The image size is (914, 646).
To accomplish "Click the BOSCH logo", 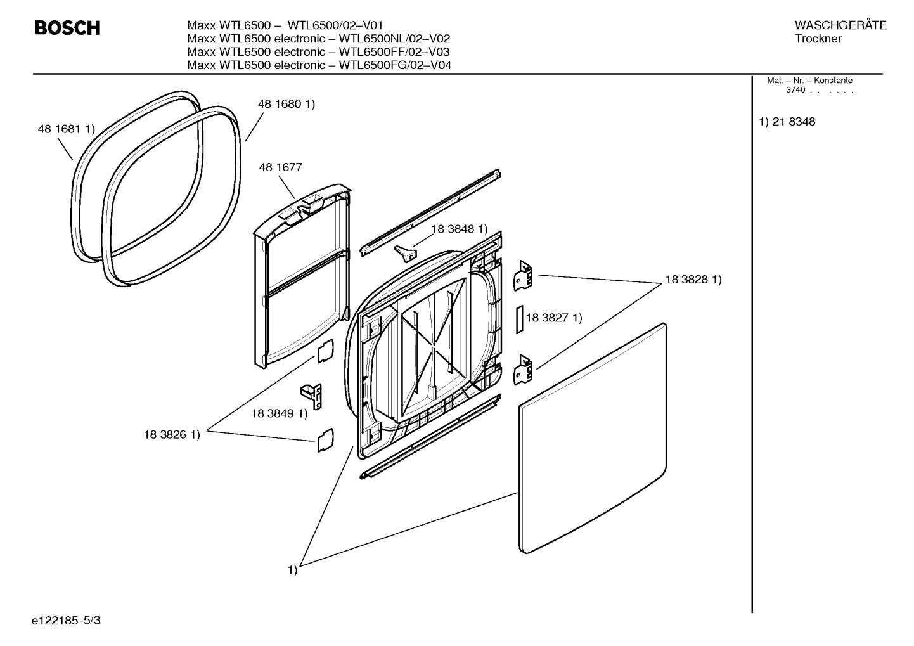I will coord(67,28).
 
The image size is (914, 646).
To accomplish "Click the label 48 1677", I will coord(280,167).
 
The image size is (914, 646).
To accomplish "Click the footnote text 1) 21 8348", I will coord(787,122).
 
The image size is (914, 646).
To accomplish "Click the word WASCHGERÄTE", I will coord(840,25).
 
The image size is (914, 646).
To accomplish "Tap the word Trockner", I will coord(818,39).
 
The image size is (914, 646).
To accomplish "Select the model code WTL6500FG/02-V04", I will coord(395,65).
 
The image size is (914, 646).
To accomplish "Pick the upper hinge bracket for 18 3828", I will coord(523,276).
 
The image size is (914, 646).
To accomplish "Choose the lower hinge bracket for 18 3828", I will coord(523,369).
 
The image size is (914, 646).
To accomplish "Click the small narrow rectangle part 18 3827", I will coord(518,320).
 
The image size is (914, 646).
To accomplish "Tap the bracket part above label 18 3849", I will coord(312,395).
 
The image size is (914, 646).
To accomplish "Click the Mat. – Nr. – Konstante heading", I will coord(809,81).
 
